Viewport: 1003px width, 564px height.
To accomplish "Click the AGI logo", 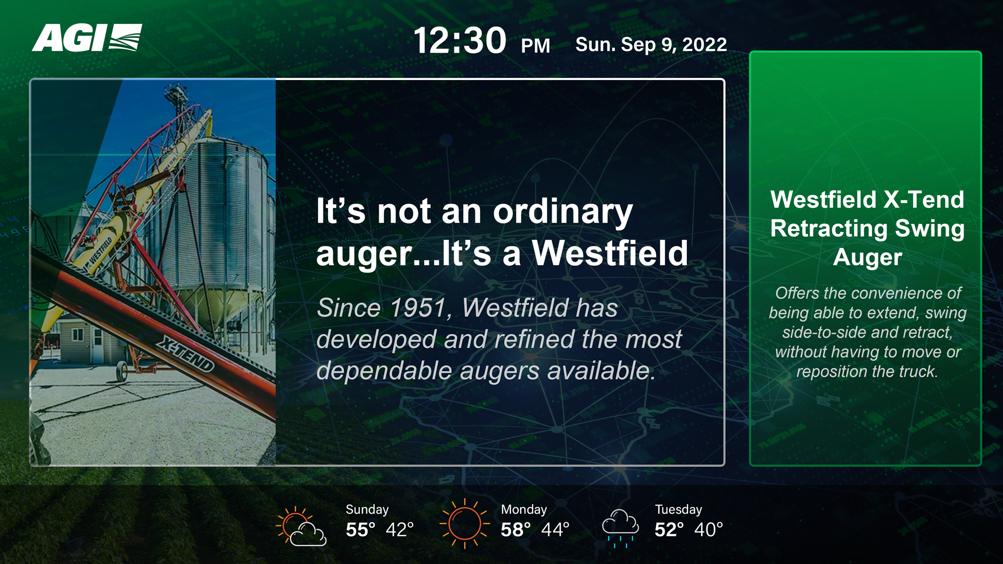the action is [87, 38].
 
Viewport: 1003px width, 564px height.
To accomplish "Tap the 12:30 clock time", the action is [460, 41].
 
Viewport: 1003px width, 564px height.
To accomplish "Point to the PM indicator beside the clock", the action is [535, 46].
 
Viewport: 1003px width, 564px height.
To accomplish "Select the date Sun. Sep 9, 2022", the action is [651, 44].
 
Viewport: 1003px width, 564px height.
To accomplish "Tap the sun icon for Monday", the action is [464, 523].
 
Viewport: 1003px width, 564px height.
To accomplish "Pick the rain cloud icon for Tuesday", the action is [621, 528].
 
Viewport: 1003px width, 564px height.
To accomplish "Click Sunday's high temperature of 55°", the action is [360, 530].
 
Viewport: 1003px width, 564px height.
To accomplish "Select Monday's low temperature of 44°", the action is [555, 530].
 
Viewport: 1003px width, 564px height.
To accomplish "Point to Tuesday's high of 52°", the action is [669, 530].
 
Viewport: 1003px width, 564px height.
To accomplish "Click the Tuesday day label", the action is [679, 509].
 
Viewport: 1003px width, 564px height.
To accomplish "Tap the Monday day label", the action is [524, 509].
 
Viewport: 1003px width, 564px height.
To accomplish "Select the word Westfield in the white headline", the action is [610, 253].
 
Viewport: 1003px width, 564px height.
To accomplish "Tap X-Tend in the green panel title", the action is [924, 199].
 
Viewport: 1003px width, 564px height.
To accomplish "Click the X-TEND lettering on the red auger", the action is [186, 354].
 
